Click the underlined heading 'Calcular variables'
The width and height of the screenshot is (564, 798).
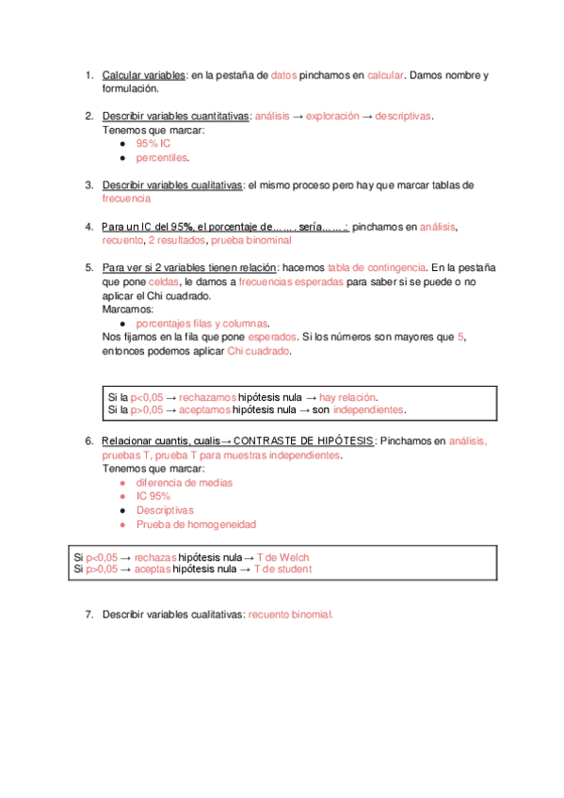point(144,75)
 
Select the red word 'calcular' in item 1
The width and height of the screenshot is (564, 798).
point(385,75)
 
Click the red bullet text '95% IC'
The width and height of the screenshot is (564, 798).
point(153,144)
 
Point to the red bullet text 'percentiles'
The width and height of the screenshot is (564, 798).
point(162,158)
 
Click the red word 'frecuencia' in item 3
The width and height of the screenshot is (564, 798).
point(126,199)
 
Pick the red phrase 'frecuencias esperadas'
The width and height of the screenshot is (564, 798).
point(291,281)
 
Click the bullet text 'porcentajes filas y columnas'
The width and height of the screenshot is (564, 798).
point(202,323)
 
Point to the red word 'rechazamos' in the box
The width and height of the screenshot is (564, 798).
point(207,397)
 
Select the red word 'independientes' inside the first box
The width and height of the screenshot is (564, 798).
point(369,410)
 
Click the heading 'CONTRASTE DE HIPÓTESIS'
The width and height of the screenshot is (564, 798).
point(303,440)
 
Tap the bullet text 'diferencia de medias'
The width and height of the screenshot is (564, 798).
point(185,483)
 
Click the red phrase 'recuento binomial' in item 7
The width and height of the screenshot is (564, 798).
point(290,614)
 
